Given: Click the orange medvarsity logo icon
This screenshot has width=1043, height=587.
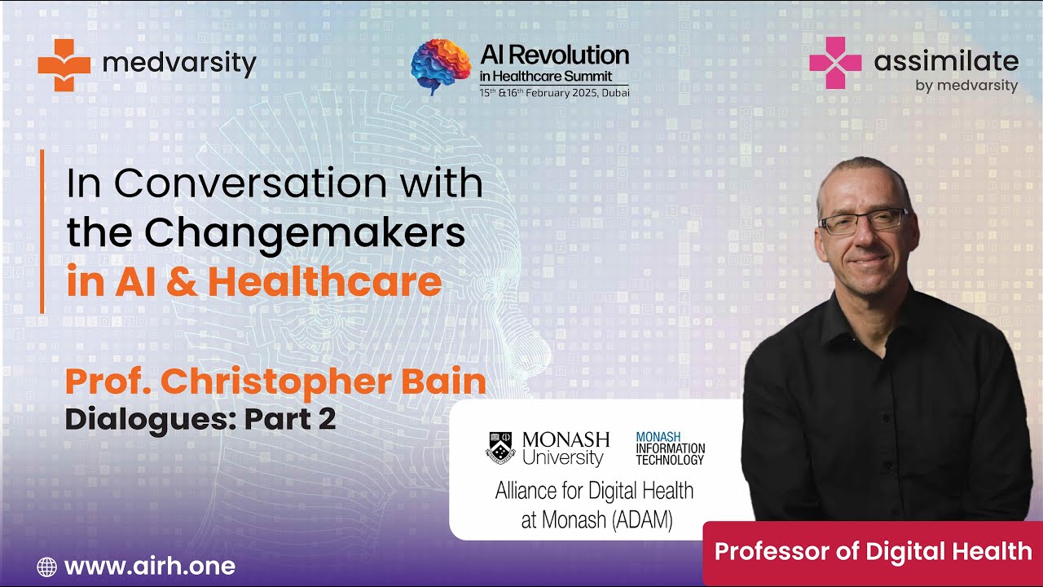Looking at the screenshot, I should pos(64,64).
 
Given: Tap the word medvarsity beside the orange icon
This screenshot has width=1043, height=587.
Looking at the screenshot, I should pos(180,64).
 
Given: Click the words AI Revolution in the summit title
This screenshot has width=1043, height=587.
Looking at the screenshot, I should pos(554,55).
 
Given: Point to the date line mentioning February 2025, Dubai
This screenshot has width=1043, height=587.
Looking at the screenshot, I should pos(554,92).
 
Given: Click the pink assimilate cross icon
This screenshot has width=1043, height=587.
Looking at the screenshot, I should pos(835,63).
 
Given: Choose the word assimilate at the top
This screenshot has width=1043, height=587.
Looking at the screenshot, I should pos(946,61).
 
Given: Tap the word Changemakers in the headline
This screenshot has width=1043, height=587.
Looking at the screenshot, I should pos(308,233).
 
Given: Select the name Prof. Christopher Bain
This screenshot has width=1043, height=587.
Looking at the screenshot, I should pos(275,382).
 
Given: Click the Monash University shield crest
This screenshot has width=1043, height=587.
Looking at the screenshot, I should pos(500,448).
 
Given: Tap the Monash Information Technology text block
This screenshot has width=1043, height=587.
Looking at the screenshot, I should pos(670,448).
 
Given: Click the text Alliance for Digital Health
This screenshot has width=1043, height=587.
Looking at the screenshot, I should pos(595,491).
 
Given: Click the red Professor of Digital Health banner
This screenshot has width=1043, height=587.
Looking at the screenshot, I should pos(873,552).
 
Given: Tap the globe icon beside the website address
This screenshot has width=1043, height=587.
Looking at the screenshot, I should pos(47,567).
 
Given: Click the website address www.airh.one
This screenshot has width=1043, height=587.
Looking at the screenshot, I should pos(149,566).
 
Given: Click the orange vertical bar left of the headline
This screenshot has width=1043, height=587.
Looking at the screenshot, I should pos(42,232).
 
